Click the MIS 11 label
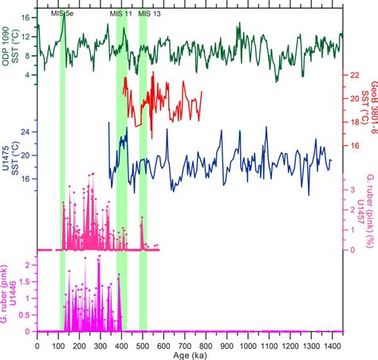pyautogui.click(x=120, y=13)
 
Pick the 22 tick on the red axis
pyautogui.click(x=353, y=74)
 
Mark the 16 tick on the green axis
pyautogui.click(x=26, y=17)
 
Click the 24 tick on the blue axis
pyautogui.click(x=26, y=131)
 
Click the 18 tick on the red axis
pyautogui.click(x=353, y=122)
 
